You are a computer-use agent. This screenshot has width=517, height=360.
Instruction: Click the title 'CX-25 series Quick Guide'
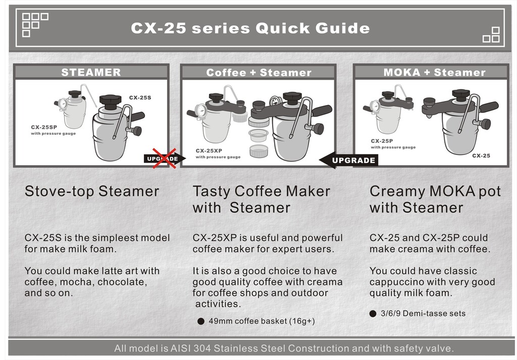(250, 28)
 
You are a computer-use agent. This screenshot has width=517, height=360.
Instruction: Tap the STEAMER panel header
(91, 73)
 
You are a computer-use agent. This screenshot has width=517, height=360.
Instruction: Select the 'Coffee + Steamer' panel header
(259, 73)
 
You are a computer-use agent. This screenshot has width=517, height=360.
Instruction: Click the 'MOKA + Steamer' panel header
(434, 73)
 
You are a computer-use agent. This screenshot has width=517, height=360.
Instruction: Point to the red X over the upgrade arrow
(164, 158)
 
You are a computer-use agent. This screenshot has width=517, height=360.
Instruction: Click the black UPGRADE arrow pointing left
(348, 160)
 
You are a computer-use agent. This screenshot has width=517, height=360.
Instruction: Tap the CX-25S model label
(140, 97)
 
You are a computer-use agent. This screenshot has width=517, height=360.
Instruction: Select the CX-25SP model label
(44, 127)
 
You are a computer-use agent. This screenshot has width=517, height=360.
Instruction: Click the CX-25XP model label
(209, 150)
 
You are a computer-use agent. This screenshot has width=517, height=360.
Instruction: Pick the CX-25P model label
(382, 141)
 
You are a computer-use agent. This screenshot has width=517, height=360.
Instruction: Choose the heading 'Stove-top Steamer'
(92, 191)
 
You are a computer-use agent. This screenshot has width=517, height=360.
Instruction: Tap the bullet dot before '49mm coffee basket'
(201, 321)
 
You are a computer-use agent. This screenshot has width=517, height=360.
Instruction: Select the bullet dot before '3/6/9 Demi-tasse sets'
(373, 314)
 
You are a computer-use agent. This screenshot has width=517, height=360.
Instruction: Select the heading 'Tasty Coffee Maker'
(261, 191)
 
